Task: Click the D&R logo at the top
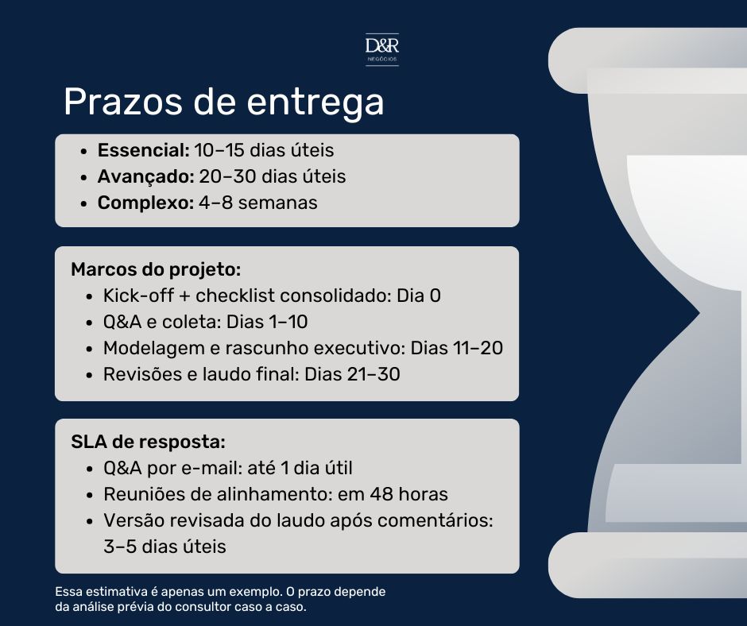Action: tap(382, 49)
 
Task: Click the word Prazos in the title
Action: tap(123, 102)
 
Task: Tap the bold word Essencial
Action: tap(144, 150)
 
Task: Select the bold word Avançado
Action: tap(145, 176)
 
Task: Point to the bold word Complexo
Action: tap(145, 203)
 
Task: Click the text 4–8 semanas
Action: tap(258, 203)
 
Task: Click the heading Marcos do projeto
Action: tap(156, 269)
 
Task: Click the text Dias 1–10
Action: tap(267, 322)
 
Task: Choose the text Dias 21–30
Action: tap(352, 374)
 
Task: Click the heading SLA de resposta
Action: tap(148, 442)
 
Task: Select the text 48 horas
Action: tap(409, 494)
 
